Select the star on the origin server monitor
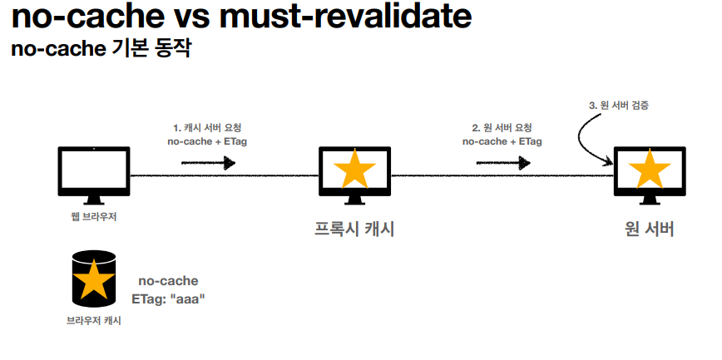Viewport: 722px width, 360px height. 649,170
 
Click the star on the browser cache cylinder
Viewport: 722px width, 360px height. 95,279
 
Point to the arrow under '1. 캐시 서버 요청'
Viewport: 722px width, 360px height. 208,162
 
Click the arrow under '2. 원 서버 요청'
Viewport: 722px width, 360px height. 502,162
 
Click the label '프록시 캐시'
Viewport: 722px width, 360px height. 354,229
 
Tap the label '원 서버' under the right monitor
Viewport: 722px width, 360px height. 649,229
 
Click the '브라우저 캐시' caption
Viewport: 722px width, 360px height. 94,320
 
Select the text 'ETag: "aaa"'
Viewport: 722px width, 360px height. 168,298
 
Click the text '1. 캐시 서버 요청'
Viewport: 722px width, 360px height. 207,128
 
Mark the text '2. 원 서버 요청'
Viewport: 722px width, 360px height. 502,128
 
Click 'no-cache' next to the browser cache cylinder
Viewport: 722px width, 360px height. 168,281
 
